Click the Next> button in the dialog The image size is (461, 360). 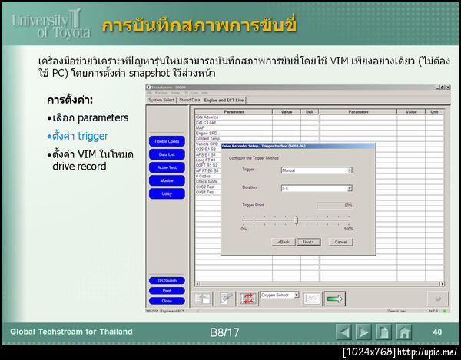tap(307, 241)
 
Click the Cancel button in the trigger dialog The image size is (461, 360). tap(340, 241)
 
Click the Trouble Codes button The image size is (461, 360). tap(167, 141)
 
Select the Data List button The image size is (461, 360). tap(167, 154)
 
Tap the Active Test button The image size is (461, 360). tap(167, 167)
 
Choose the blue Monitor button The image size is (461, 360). tap(167, 180)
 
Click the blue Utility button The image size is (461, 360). tap(167, 193)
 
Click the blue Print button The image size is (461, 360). tap(167, 291)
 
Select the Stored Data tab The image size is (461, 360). tap(190, 100)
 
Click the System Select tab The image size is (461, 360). tap(161, 100)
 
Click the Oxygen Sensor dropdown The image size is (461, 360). tap(280, 294)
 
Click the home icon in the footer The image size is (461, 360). tap(404, 332)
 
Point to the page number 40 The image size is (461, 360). tap(437, 332)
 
